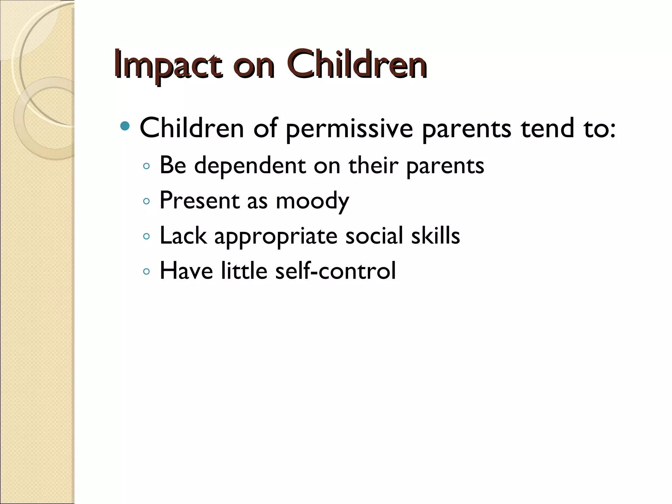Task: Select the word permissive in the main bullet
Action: point(349,129)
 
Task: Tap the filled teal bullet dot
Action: point(125,126)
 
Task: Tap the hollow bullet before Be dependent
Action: point(147,166)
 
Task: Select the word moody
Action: point(312,201)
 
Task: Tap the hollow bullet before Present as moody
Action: point(147,201)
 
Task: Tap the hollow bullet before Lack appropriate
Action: point(147,236)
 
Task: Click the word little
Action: point(244,271)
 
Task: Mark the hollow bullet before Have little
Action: point(147,271)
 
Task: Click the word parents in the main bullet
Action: point(466,129)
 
